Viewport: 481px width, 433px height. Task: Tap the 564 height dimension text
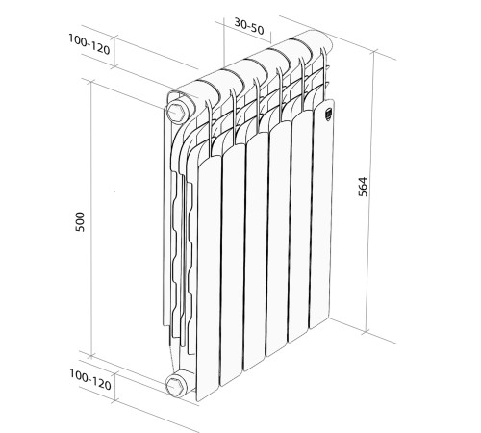tap(389, 188)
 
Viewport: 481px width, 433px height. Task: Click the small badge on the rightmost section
tap(328, 113)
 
